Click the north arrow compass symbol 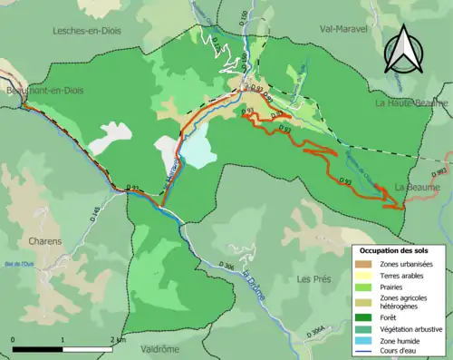click(404, 49)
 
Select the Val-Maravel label click(344, 28)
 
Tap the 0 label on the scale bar click(14, 339)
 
